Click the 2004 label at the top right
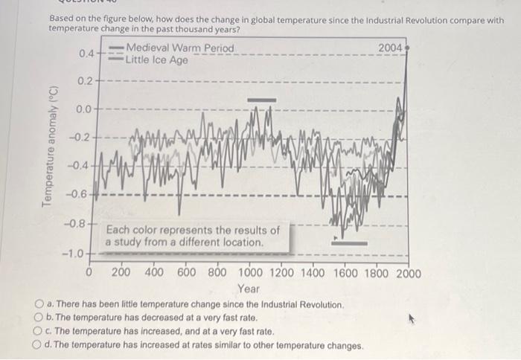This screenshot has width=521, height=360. coord(390,49)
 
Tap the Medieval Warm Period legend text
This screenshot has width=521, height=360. coord(181,49)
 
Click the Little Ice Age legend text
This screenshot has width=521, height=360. coord(157,60)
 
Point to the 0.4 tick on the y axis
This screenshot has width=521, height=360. coord(87,54)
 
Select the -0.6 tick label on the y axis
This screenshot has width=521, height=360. coord(83,195)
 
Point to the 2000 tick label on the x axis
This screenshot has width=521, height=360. coord(406,273)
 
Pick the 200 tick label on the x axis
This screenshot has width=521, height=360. coord(121,273)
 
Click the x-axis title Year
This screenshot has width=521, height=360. coord(248,289)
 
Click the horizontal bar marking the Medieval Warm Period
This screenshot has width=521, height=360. coord(261,99)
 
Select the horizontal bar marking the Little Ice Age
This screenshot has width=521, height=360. coord(350,242)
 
